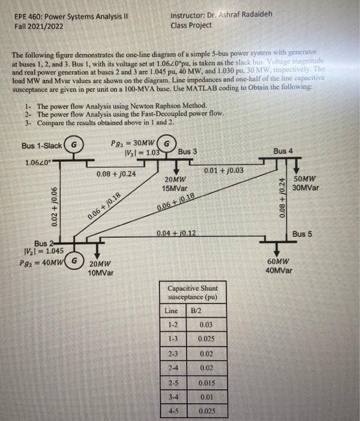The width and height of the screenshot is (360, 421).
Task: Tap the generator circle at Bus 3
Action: pos(169,145)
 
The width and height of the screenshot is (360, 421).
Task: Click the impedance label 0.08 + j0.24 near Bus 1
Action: pos(116,173)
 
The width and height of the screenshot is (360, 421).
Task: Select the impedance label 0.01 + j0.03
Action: pos(224,170)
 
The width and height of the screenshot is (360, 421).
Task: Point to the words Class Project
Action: pos(191,25)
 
